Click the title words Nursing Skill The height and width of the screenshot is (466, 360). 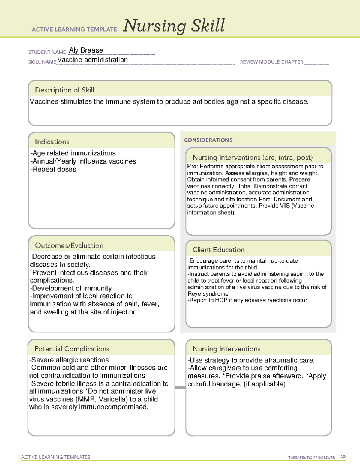point(174,26)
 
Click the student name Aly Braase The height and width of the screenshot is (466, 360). point(86,50)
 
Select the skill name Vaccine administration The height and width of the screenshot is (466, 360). point(93,60)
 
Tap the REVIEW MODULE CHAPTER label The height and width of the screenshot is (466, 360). point(271,62)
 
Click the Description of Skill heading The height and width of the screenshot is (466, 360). point(64,90)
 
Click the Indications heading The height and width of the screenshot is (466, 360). point(52,142)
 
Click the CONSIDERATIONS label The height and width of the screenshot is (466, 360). point(208,140)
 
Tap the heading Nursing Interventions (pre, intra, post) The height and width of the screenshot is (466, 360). point(253,158)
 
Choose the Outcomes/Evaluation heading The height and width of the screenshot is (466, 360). point(69,245)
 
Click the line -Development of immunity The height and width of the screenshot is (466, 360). point(71,288)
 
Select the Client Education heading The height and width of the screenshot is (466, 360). point(218,250)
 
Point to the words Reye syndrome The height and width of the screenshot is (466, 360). point(208,294)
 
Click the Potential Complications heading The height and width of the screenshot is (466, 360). point(72,349)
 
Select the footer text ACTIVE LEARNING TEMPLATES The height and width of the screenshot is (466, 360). point(55,457)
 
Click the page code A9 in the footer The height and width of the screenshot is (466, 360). point(343,457)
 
